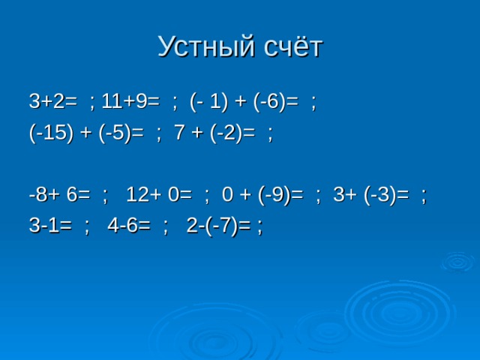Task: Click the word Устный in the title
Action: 206,46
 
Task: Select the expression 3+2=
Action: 53,101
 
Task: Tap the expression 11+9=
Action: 130,101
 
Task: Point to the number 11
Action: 111,101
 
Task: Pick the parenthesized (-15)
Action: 52,133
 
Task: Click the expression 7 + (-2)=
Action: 214,133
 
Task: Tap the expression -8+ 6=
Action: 60,194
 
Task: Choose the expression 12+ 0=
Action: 159,194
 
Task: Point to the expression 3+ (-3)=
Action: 371,195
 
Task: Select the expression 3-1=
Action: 50,226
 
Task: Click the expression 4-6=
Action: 129,226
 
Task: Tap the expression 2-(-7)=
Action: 218,226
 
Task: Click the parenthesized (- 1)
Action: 209,102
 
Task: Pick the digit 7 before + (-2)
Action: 179,133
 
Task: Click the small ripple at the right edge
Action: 458,262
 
